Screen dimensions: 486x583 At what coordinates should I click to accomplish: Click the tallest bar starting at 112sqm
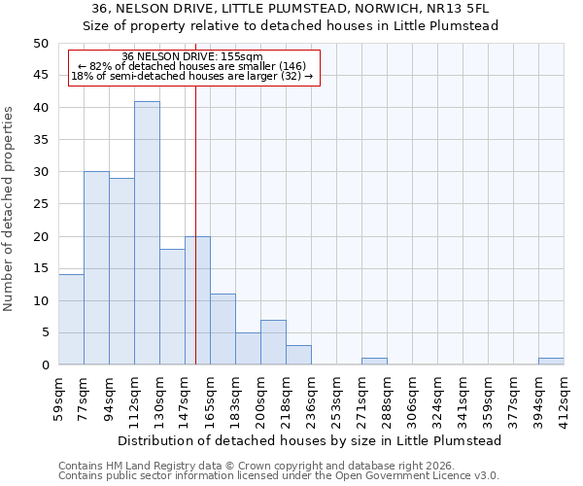[147, 233]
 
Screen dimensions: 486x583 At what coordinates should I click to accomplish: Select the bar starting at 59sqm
[71, 320]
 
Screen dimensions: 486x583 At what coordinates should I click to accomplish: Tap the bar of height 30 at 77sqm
[96, 268]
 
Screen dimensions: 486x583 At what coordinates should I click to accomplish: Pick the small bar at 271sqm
[374, 362]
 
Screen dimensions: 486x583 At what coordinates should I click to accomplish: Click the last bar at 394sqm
[551, 362]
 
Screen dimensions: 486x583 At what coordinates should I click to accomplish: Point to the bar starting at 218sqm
[298, 355]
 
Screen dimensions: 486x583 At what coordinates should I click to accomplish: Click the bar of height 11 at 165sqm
[223, 330]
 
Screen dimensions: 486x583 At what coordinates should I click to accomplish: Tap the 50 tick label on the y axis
[40, 44]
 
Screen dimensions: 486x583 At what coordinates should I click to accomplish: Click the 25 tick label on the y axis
[40, 204]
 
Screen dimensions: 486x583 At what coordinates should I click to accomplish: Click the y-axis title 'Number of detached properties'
[10, 204]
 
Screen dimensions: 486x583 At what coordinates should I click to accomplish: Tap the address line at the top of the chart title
[290, 9]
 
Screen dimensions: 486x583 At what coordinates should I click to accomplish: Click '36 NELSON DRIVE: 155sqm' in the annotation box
[192, 57]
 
